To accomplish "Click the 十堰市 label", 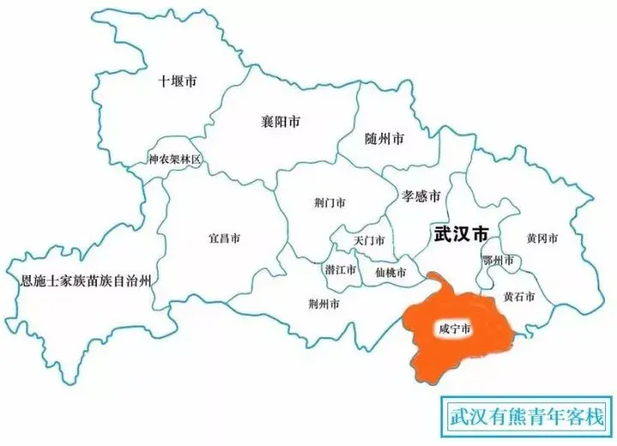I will coord(177,82).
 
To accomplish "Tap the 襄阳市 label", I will coord(280,122).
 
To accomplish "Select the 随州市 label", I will coord(384,138).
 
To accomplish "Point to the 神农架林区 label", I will coord(174,160).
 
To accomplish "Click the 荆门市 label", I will coord(330,204).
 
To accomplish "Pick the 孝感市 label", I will coord(421,196).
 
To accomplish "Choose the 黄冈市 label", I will coord(542,238).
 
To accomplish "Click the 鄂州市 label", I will coord(499,259).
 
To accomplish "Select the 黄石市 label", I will coord(519,296).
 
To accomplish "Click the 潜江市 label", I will coord(340,269).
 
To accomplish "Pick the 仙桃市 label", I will coord(391,271).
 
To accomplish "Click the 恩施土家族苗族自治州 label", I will coord(86,280).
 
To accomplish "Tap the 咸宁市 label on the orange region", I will coord(452,328).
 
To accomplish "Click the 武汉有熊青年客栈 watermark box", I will coord(526,419).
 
